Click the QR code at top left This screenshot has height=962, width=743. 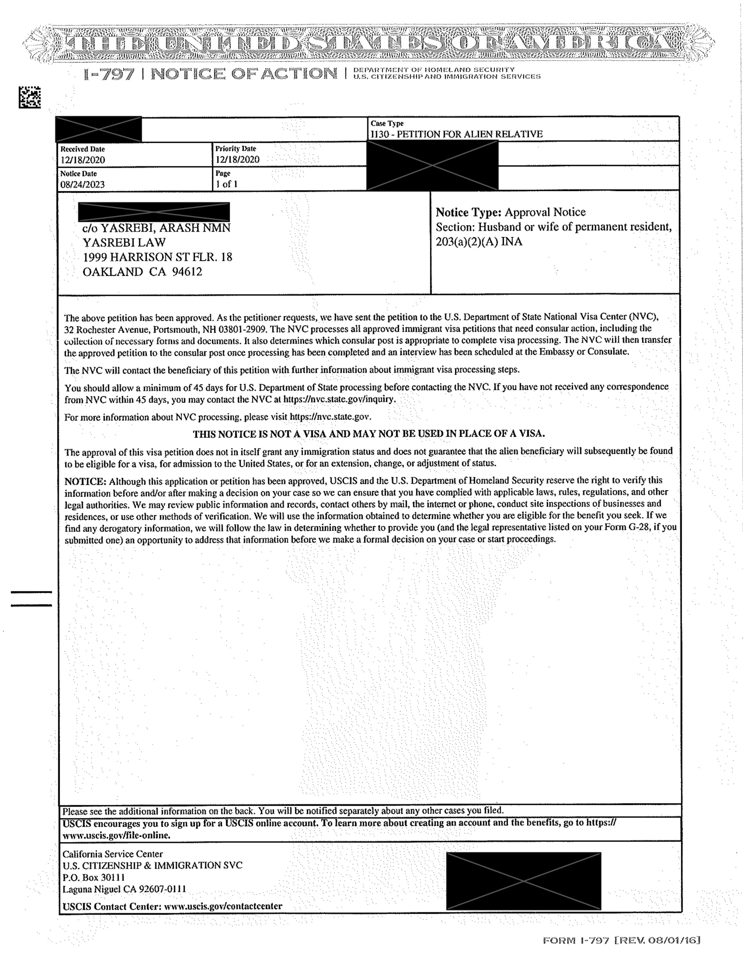30,97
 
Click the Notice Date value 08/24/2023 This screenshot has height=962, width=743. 82,185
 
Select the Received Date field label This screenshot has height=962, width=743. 82,149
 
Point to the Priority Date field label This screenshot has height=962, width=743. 236,149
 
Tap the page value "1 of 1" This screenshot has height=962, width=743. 227,184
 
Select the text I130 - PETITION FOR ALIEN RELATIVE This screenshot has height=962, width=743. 456,134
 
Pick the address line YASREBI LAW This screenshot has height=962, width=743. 124,242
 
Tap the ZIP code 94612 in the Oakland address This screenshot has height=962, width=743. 187,272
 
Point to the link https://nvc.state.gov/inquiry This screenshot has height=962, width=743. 339,400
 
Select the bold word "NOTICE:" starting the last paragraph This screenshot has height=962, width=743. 85,481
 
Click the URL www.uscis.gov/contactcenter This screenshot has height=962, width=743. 223,906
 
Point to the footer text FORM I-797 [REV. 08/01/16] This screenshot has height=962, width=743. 621,941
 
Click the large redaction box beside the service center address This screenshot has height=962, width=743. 523,881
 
